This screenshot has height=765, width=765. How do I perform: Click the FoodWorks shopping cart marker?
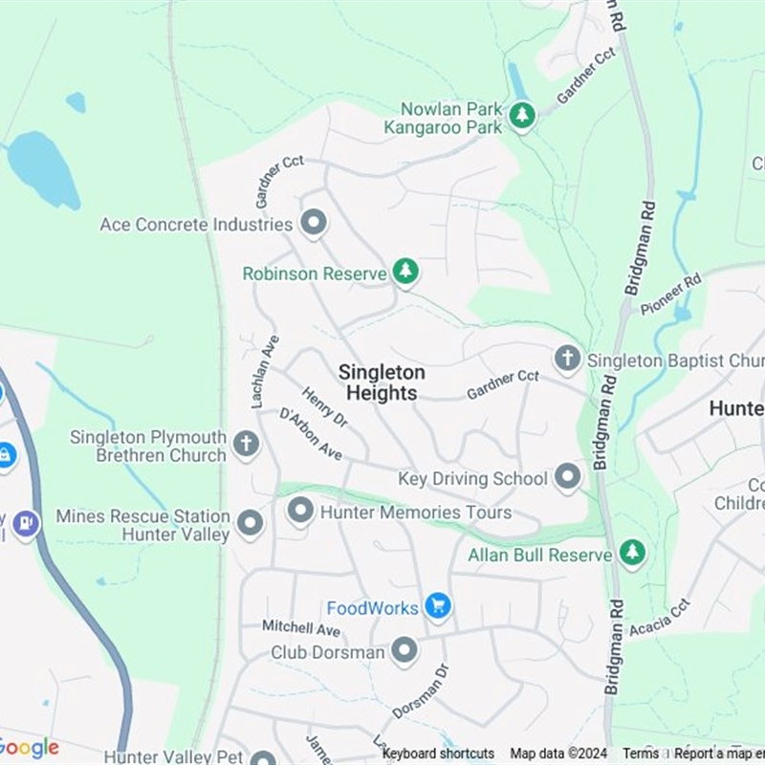(x=438, y=605)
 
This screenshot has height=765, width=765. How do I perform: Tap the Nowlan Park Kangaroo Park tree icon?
(x=521, y=117)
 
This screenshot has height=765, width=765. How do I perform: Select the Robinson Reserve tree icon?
(x=406, y=272)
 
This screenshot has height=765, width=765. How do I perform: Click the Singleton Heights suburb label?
(x=382, y=382)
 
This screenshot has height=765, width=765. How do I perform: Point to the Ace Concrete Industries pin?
(x=313, y=223)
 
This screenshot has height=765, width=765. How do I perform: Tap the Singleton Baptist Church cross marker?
(x=567, y=359)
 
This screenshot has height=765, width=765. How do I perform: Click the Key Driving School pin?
(x=568, y=477)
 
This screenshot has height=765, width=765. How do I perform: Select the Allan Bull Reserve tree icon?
(x=632, y=552)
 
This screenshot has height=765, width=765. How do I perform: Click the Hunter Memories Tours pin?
(x=300, y=511)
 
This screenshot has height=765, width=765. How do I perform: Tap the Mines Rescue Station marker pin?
(x=250, y=523)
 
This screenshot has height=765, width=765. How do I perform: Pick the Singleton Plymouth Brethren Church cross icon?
(x=246, y=444)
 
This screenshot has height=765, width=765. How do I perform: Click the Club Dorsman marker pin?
(x=404, y=651)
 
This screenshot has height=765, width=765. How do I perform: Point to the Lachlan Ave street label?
(x=265, y=372)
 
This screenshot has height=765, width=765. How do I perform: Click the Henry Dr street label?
(x=324, y=405)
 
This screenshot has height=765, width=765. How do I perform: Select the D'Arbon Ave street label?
(x=311, y=434)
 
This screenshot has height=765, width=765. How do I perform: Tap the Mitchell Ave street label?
(x=301, y=628)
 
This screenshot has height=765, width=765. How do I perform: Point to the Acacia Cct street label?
(x=660, y=619)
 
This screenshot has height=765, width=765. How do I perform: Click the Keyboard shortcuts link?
(x=438, y=754)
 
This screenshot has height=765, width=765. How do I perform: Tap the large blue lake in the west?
(x=43, y=167)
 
